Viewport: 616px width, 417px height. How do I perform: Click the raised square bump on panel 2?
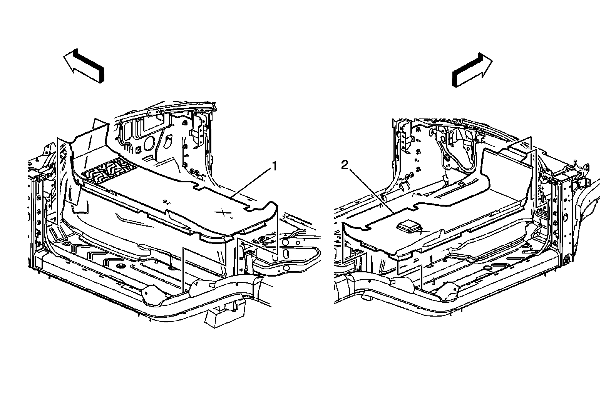[x=409, y=227]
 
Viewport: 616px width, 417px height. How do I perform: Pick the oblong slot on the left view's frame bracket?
[x=286, y=255]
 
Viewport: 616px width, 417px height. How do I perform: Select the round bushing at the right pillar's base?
[x=567, y=260]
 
